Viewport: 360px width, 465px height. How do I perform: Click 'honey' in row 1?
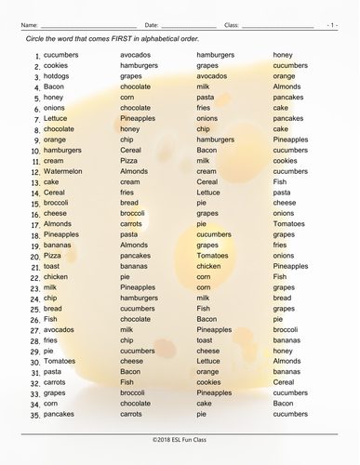pyautogui.click(x=282, y=55)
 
